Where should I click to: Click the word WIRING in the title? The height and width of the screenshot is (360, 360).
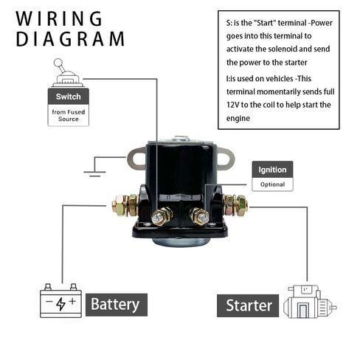(59, 18)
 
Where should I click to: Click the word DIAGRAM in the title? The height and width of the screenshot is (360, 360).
(70, 39)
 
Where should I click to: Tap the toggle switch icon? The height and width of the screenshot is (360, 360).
(66, 73)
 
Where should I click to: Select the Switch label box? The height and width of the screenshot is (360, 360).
(69, 97)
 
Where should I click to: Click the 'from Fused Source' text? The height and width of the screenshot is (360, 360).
(69, 115)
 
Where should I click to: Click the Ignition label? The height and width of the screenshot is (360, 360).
(272, 170)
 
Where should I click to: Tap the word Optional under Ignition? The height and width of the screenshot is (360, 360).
(272, 184)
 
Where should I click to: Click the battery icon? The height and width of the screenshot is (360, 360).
(60, 300)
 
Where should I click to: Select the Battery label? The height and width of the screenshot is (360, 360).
(117, 305)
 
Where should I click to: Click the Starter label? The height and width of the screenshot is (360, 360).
(248, 305)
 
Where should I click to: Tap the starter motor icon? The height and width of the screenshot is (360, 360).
(310, 302)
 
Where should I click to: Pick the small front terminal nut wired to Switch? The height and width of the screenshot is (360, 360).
(162, 216)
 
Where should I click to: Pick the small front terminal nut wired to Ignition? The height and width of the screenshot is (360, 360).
(200, 216)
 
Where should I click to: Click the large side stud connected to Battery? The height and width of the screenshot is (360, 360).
(125, 205)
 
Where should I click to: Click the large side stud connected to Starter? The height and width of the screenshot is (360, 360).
(235, 205)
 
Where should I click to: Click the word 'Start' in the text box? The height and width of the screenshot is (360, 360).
(265, 23)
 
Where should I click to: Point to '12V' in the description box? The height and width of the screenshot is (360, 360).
(232, 105)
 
